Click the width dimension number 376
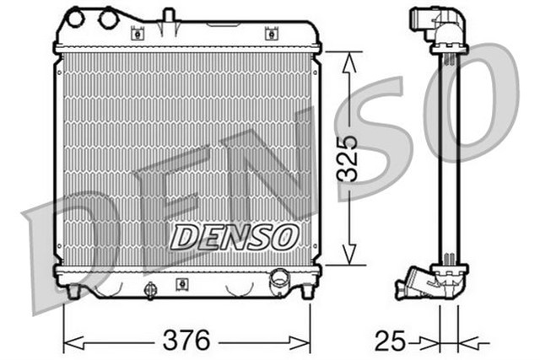[x=186, y=341]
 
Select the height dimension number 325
[x=346, y=158]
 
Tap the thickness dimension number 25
[x=389, y=341]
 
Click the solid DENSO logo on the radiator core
[x=234, y=237]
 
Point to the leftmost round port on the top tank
[x=77, y=17]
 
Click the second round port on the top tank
[x=108, y=17]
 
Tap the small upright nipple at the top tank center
[x=168, y=15]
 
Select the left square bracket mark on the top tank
[x=137, y=34]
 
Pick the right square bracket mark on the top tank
[x=270, y=34]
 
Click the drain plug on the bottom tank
[x=151, y=290]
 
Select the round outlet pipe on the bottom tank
[x=278, y=279]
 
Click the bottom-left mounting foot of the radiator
[x=73, y=290]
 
